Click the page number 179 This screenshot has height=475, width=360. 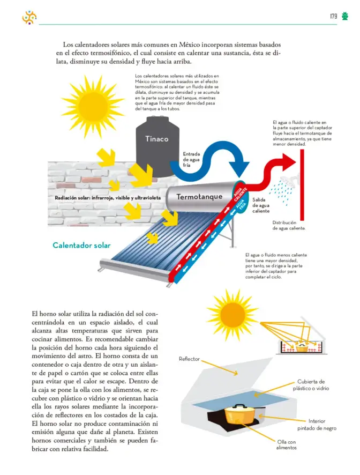point(333,16)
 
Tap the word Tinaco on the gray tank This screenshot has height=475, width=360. point(156,139)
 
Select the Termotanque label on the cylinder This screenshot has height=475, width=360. point(199,197)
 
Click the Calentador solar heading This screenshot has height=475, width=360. point(81,245)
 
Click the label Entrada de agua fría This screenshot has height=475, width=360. point(191,159)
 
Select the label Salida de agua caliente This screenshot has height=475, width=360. point(261,205)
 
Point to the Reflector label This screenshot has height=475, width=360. point(189,359)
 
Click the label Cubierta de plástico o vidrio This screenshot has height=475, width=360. point(311,385)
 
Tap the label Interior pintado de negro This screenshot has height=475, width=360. point(317,425)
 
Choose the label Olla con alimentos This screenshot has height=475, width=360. point(287,444)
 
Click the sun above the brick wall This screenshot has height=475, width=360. point(93,100)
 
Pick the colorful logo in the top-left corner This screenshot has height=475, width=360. point(29,17)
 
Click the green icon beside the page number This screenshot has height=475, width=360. point(345,16)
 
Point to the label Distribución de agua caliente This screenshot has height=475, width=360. point(289,225)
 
